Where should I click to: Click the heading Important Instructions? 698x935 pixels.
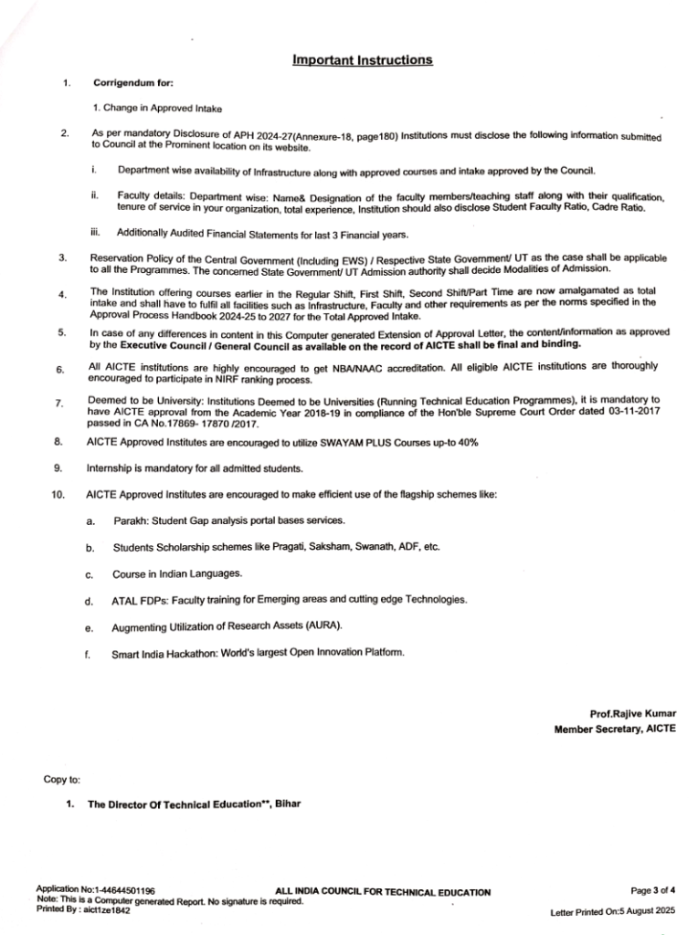click(x=363, y=60)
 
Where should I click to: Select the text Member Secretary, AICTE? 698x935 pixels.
click(x=615, y=729)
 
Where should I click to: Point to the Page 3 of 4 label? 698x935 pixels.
click(x=653, y=888)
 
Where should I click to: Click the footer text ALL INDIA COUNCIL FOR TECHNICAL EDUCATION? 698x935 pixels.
click(x=382, y=891)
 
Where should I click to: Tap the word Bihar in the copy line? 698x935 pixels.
click(x=286, y=804)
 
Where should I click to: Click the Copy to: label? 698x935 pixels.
click(x=62, y=779)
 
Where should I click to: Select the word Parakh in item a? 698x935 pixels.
click(x=132, y=520)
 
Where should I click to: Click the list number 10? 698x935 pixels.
click(x=58, y=494)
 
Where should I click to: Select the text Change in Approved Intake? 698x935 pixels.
click(x=162, y=108)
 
